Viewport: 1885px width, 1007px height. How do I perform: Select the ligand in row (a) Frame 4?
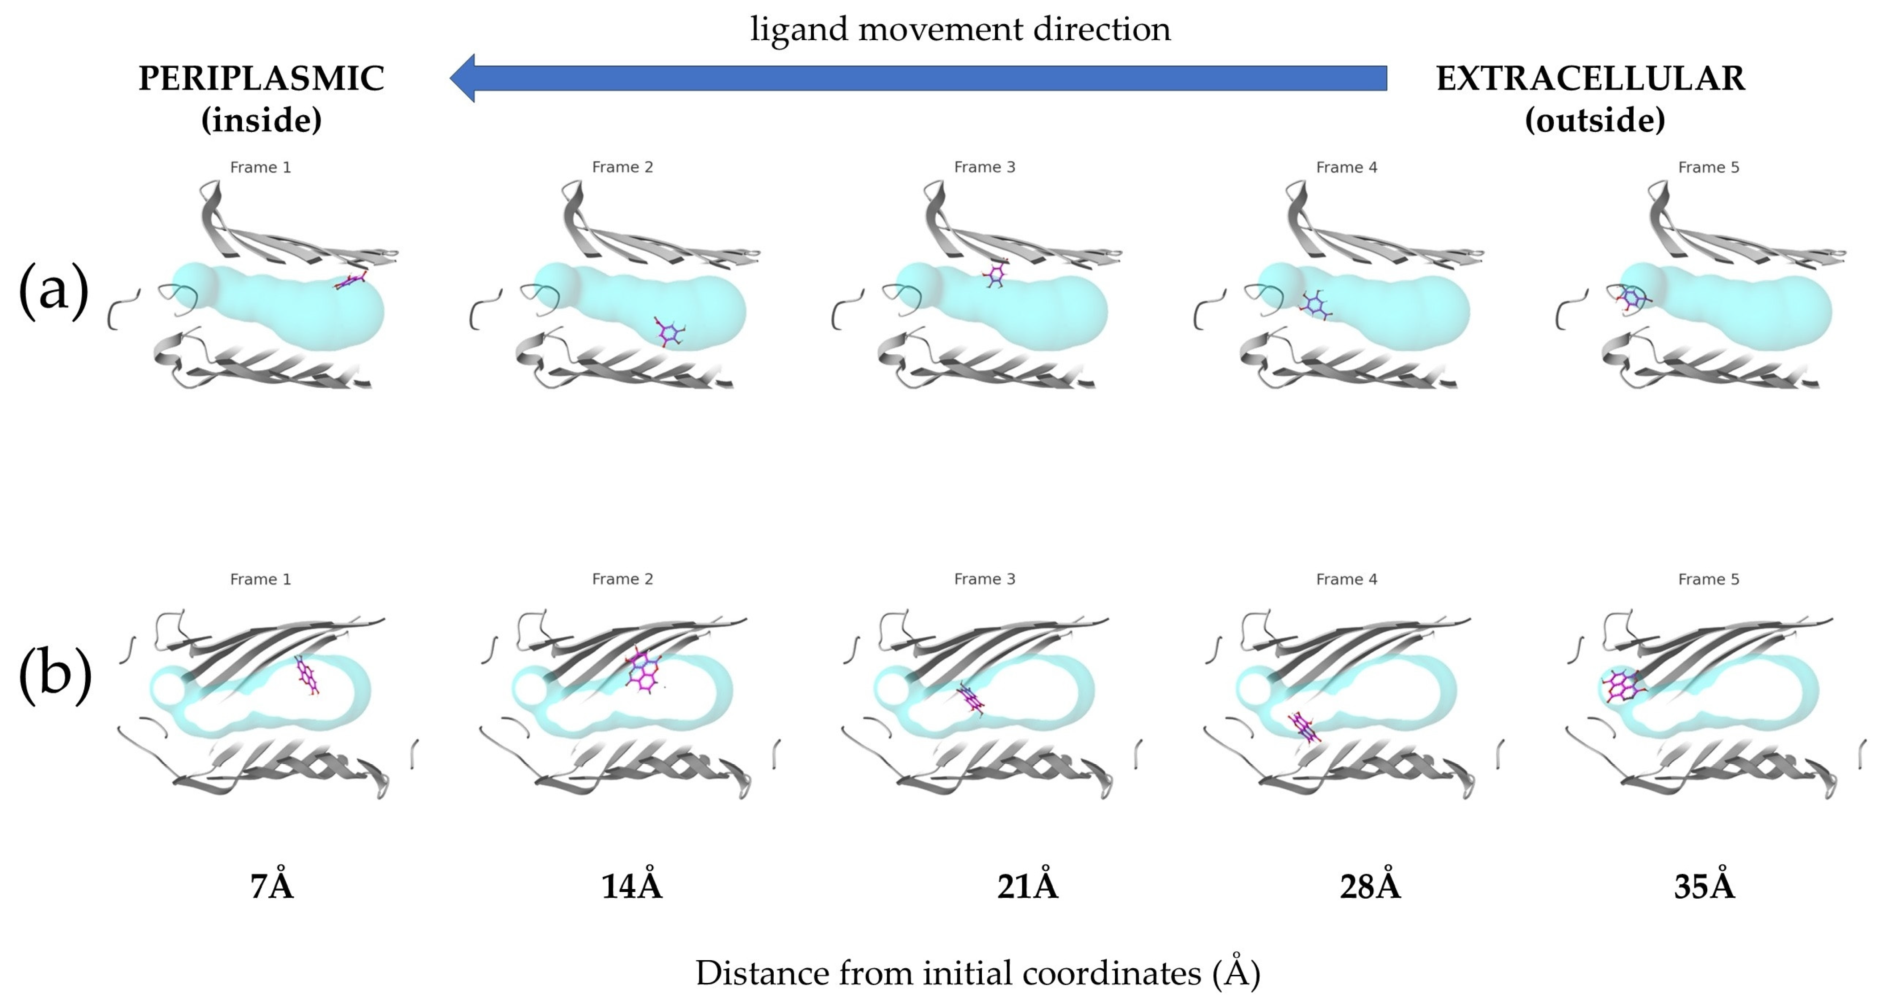coord(1315,305)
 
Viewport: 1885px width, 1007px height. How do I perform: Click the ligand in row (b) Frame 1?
coord(307,675)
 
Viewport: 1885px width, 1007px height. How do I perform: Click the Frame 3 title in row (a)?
coord(984,167)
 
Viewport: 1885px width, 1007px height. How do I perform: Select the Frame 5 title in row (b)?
coord(1708,579)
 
